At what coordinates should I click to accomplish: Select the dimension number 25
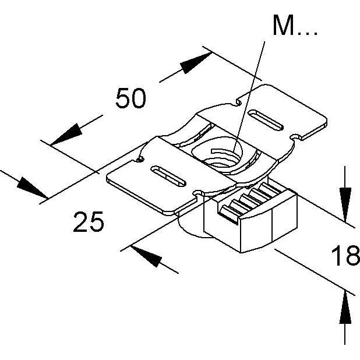[x=89, y=221]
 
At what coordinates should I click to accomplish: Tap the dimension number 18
[x=344, y=256]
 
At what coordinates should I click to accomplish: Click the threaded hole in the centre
[x=221, y=155]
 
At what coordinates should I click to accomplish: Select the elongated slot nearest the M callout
[x=266, y=119]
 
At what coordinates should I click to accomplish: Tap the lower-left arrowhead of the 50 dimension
[x=64, y=137]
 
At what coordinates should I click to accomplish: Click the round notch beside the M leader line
[x=238, y=104]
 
